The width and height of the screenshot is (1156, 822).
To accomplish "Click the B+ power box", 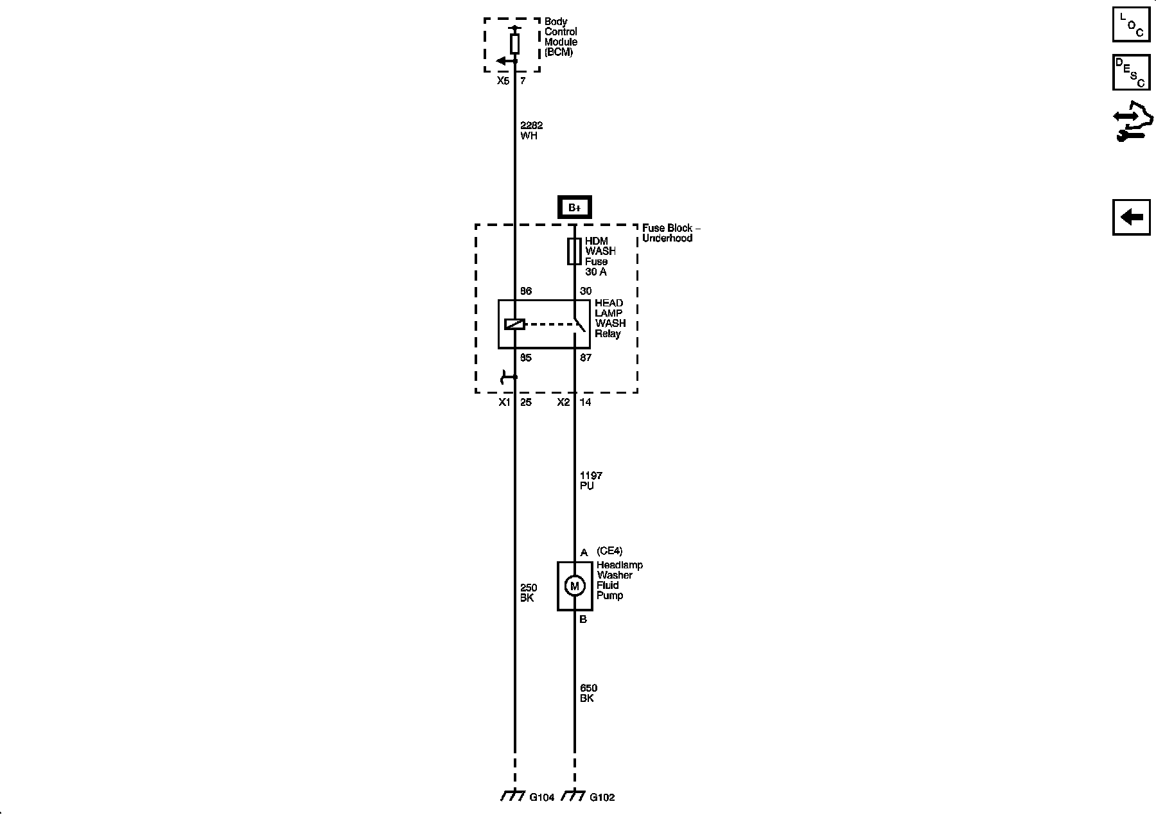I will [574, 207].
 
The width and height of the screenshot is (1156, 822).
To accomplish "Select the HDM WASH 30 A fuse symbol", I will [574, 251].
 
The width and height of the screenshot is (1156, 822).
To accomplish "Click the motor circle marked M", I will [574, 586].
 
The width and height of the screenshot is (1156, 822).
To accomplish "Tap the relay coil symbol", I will [514, 324].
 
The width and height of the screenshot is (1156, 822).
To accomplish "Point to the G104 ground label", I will [541, 798].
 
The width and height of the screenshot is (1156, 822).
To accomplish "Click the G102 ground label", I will [602, 798].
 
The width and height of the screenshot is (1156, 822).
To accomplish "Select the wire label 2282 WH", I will [531, 131].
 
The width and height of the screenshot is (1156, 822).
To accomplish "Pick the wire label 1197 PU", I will [591, 480].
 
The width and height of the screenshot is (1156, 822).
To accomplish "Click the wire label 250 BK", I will [529, 593].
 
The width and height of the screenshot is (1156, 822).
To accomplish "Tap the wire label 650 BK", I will [588, 693].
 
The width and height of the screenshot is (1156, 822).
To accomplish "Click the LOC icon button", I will [1131, 24].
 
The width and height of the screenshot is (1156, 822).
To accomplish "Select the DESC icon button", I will [1131, 72].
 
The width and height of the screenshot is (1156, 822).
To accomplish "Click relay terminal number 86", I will [526, 292].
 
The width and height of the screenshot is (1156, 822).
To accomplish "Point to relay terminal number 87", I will [586, 358].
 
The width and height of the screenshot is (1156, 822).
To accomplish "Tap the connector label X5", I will [503, 81].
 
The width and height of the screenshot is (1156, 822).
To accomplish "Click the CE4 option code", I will [609, 551].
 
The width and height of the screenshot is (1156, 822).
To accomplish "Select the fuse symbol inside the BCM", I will [514, 44].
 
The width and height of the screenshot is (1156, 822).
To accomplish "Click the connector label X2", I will [563, 403].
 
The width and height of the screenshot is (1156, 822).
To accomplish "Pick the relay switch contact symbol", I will [579, 324].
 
